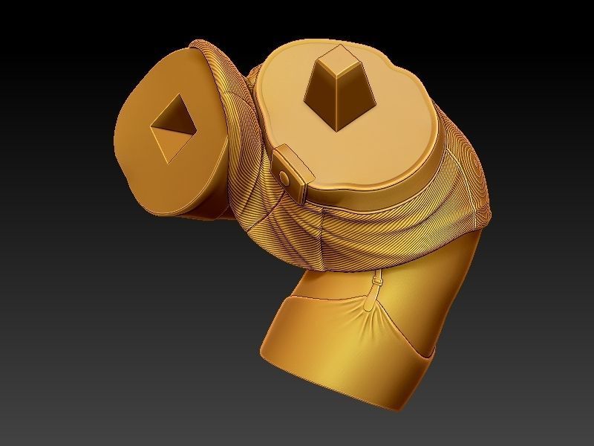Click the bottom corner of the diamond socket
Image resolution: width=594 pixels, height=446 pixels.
(x=172, y=161)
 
